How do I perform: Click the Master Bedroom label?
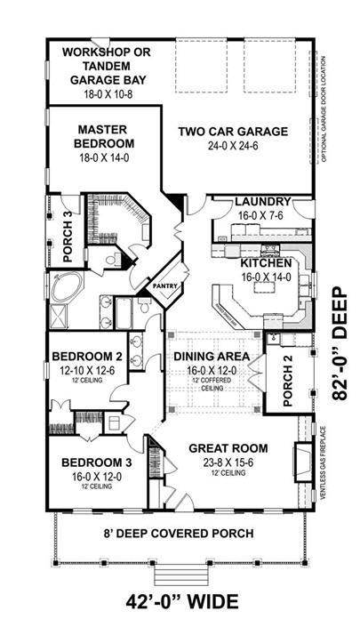[105, 135]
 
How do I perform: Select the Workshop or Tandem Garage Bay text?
[104, 65]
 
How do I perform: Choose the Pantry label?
[166, 286]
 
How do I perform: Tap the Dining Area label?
[212, 358]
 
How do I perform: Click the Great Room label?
[227, 447]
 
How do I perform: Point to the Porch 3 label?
[68, 239]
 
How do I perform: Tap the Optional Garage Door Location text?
[327, 102]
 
